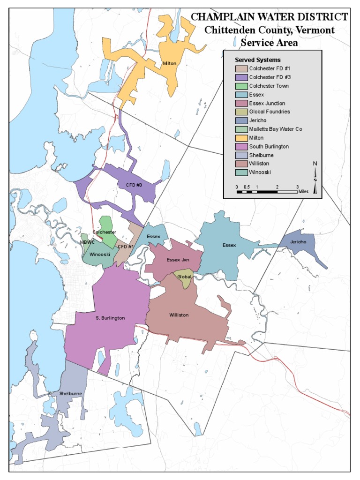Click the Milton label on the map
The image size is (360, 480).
169,63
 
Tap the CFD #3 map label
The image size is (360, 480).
134,185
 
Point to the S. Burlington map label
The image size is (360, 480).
110,318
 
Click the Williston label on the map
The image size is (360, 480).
179,315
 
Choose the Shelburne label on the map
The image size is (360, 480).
71,393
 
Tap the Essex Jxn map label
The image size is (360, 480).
178,259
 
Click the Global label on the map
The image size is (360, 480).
183,277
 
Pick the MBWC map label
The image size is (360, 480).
87,242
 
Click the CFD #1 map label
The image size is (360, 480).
125,247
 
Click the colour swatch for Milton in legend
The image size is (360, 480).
241,138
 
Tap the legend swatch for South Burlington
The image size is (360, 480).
241,147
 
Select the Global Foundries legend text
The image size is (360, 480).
270,112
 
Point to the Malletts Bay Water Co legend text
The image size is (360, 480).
276,129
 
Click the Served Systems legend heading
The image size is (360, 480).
258,60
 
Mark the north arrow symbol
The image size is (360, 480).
315,177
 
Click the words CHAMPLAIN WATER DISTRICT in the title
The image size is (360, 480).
269,17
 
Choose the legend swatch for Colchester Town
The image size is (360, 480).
241,86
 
